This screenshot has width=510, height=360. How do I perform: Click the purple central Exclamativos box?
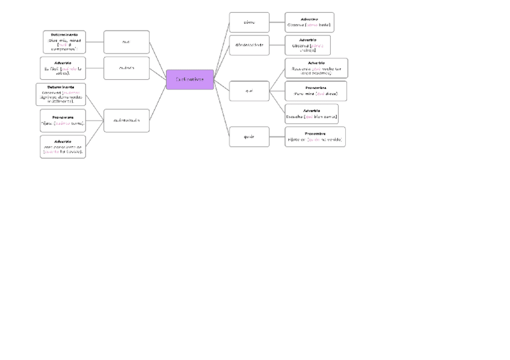(x=189, y=79)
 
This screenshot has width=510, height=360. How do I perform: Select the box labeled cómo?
(x=249, y=22)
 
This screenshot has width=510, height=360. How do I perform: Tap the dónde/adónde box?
(x=249, y=45)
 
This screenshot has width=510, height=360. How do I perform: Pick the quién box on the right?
(x=249, y=136)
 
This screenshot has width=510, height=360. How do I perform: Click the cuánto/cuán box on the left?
(x=126, y=120)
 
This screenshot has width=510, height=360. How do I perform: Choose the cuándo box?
(x=126, y=68)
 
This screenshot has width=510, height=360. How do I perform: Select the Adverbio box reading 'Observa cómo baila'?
(x=309, y=22)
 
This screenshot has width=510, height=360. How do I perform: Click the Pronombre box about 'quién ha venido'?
(x=315, y=136)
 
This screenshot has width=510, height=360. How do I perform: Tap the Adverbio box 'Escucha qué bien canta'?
(x=312, y=114)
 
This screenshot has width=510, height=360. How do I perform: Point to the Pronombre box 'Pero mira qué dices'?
(x=316, y=91)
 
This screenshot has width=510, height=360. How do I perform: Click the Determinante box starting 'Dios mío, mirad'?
(x=64, y=42)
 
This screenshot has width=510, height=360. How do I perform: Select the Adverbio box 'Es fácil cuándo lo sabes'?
(x=63, y=68)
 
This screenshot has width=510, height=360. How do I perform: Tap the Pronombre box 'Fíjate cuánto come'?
(x=63, y=120)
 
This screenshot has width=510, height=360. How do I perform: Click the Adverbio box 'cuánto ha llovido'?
(x=63, y=146)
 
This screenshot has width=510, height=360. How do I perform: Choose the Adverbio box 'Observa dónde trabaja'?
(x=307, y=45)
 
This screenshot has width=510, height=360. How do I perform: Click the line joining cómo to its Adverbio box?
(x=277, y=22)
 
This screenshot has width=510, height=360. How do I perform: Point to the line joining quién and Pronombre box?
(x=277, y=136)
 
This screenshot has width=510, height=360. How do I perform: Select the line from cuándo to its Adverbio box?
(x=94, y=68)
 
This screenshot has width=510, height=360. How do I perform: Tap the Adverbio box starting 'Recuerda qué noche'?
(x=316, y=68)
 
